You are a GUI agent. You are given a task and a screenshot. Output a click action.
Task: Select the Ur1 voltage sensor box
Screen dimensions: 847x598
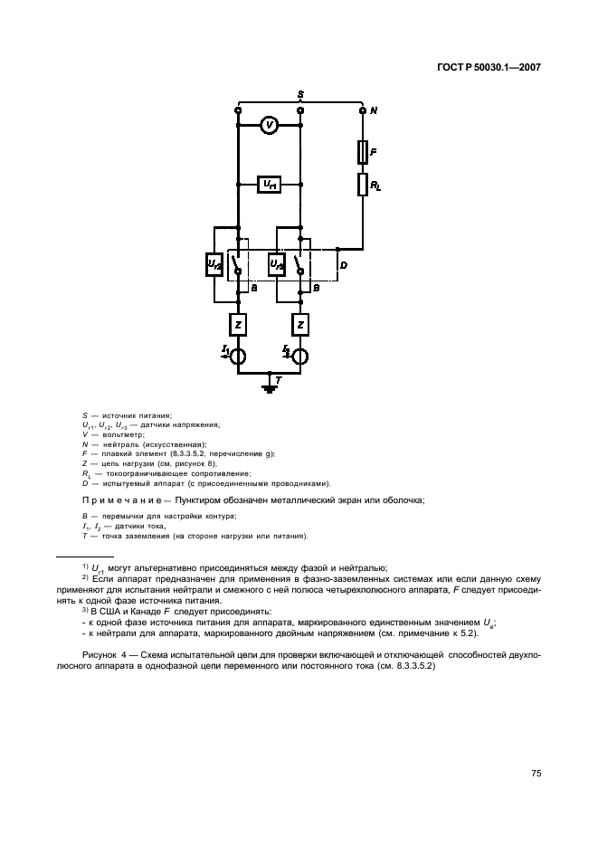point(269,185)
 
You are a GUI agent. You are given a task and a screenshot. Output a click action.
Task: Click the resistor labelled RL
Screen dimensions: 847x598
point(363,186)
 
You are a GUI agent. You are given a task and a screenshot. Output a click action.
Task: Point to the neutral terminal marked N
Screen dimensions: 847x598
point(363,110)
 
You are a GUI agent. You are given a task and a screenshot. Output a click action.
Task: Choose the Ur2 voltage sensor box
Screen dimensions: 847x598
point(215,264)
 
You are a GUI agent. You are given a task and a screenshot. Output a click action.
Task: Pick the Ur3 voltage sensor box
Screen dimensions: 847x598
point(277,264)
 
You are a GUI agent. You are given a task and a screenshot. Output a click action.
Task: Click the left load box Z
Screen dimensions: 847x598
point(237,322)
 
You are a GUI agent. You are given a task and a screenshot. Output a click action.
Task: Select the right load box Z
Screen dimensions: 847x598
point(300,322)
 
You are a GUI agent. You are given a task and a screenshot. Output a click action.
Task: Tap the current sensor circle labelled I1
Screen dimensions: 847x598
point(237,355)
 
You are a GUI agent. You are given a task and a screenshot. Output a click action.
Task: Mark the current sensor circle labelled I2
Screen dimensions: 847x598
point(300,355)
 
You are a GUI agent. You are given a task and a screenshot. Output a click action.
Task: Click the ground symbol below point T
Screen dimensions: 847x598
point(269,389)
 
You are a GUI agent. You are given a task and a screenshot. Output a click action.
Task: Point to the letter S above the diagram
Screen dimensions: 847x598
point(300,94)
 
